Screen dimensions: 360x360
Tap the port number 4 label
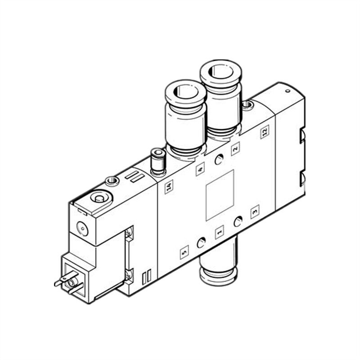[x=200, y=170]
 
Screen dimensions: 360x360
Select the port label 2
[x=235, y=148]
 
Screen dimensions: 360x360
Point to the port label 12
[x=265, y=131]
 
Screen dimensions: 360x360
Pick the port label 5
[x=184, y=253]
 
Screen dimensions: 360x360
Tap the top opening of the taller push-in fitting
[x=220, y=72]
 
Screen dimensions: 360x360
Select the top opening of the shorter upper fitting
[x=186, y=91]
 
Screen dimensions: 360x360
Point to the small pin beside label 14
[x=157, y=161]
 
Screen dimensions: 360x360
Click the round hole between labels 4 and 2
[x=219, y=159]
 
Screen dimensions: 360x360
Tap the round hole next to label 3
[x=238, y=221]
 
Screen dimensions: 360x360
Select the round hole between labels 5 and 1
[x=201, y=243]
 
